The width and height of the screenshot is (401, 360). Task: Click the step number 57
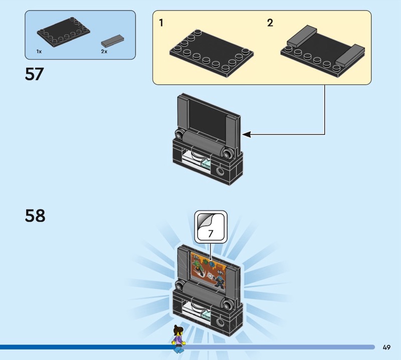(35, 74)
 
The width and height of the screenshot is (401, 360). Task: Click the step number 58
(35, 216)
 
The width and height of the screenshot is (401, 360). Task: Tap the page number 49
(386, 347)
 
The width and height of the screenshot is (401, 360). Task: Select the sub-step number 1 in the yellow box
(161, 23)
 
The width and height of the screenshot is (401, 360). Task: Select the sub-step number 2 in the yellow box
(270, 23)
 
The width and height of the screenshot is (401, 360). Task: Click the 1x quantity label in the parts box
(39, 52)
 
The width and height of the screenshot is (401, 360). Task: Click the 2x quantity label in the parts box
(104, 52)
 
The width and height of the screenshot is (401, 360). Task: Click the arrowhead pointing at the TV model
(246, 134)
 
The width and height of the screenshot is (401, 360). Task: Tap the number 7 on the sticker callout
(211, 233)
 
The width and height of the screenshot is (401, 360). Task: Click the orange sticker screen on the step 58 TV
(210, 273)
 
